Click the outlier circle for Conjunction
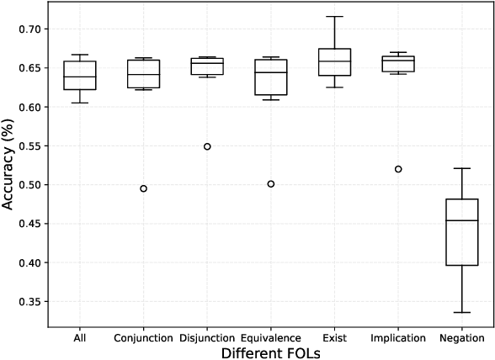click(143, 188)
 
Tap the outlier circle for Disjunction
click(207, 146)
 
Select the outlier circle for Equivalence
click(270, 183)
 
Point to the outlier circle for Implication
click(398, 169)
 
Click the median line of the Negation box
click(461, 220)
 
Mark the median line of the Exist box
click(334, 61)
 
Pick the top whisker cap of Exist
click(334, 17)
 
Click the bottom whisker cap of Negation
click(461, 312)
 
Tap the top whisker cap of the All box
click(80, 55)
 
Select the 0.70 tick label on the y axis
click(29, 29)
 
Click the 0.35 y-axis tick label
click(29, 302)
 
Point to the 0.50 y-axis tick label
click(29, 185)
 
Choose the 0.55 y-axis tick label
click(29, 146)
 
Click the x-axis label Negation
click(461, 338)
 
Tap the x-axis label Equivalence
click(270, 338)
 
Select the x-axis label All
click(80, 338)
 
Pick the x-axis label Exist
click(334, 338)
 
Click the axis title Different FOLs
click(270, 353)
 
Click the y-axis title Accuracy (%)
click(9, 165)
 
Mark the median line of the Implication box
click(398, 59)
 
